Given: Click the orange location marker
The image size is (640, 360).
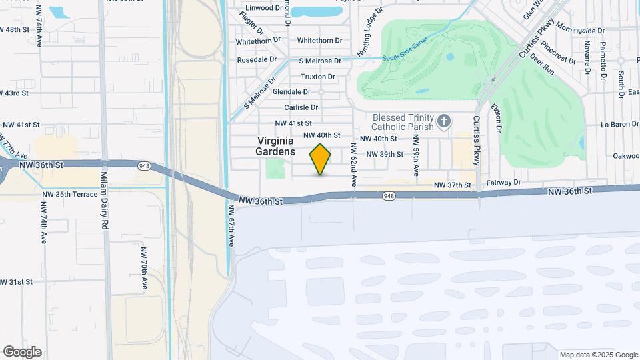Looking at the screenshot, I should click(321, 159).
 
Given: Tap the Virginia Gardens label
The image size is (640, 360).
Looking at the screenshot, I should click(275, 146).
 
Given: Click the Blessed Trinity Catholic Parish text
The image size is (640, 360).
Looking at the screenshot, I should click(402, 121).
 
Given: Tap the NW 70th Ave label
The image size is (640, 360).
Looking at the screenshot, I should click(143, 269).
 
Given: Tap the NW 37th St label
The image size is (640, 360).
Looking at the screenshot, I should click(453, 185).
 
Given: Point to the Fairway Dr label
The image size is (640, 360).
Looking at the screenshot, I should click(504, 182).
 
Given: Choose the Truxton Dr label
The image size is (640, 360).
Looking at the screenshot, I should click(317, 77).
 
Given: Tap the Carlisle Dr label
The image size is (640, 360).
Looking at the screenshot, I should click(301, 107).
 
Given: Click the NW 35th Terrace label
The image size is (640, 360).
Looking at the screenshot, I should click(69, 195).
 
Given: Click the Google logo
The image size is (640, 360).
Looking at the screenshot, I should click(22, 351).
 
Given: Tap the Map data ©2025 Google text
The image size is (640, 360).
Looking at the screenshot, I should click(598, 355).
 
